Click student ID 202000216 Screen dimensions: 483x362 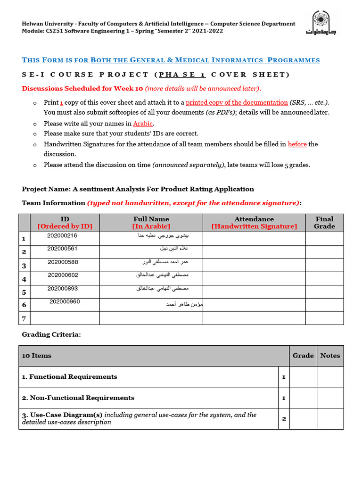click(62, 236)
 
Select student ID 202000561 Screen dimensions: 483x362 click(62, 249)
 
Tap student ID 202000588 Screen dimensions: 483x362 click(63, 262)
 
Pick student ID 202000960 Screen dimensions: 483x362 click(65, 302)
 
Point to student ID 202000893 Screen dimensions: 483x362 click(63, 289)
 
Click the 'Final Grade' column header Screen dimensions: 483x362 click(324, 223)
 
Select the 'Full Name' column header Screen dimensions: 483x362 click(151, 223)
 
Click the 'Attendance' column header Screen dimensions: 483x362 click(254, 223)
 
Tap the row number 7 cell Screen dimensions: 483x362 click(24, 318)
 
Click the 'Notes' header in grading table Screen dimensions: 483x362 click(330, 356)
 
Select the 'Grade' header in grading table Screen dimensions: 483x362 click(303, 356)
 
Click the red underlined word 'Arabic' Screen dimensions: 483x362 click(143, 124)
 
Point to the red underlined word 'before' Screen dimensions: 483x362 click(297, 144)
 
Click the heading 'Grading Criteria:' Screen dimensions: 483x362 click(51, 334)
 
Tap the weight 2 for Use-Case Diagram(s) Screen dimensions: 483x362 click(284, 419)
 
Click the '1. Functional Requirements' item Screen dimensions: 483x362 click(69, 377)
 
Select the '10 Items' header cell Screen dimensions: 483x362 click(37, 356)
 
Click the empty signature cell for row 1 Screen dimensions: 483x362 click(254, 238)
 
